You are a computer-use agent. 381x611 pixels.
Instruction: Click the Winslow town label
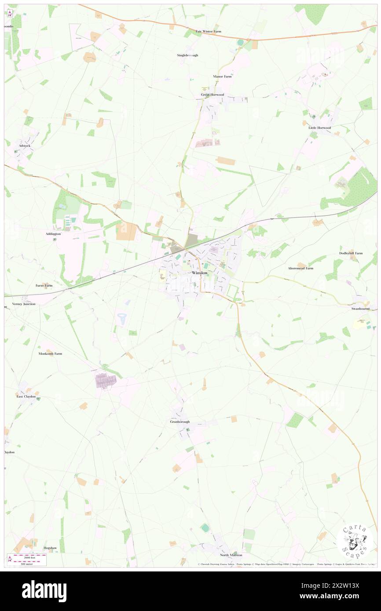tap(200, 273)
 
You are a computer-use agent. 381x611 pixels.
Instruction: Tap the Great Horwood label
tap(212, 95)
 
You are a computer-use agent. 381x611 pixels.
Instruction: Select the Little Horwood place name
tap(319, 127)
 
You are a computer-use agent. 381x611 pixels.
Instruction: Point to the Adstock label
tap(25, 145)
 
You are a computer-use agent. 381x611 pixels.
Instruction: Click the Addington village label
tap(53, 234)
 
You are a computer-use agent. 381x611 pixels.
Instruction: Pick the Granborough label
tap(180, 422)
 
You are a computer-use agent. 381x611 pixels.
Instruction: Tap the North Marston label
tap(231, 555)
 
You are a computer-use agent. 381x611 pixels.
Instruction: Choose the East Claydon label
tap(26, 396)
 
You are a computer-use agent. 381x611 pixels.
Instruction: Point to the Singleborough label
tap(187, 55)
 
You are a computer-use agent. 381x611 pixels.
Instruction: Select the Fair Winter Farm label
tap(209, 31)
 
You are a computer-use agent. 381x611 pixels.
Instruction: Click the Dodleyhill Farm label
tap(351, 253)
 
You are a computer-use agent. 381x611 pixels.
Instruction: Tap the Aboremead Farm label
tap(300, 268)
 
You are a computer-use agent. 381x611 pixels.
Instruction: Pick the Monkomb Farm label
tap(50, 353)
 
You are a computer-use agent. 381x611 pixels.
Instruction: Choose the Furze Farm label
tap(44, 285)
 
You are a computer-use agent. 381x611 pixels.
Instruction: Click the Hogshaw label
tap(50, 548)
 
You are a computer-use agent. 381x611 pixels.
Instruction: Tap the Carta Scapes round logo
tap(355, 542)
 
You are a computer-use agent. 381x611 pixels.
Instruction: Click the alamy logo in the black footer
tap(44, 591)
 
